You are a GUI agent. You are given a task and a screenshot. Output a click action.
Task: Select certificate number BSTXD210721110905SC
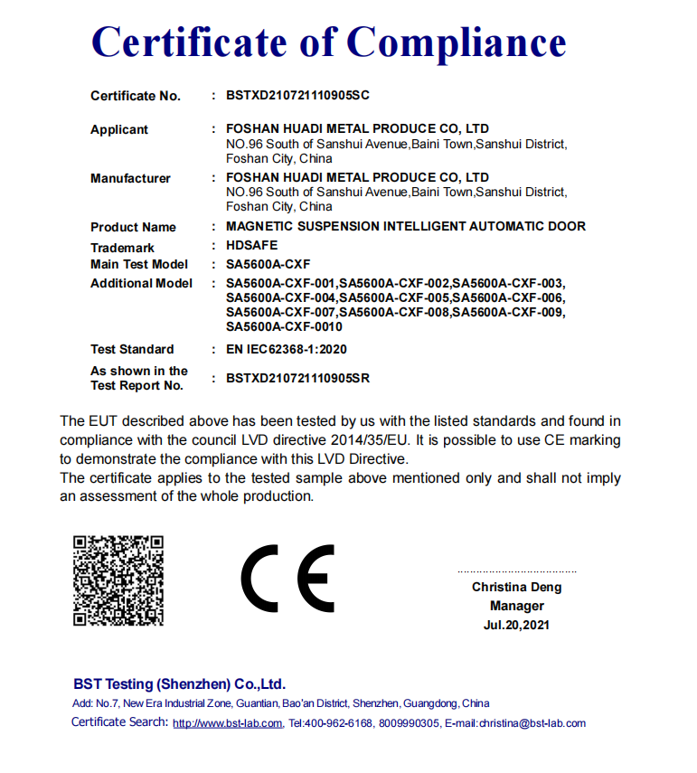298,95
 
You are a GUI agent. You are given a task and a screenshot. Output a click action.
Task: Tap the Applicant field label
119,129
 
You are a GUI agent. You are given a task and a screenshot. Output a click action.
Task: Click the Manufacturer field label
130,178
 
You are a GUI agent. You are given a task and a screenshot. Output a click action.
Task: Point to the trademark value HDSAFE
252,245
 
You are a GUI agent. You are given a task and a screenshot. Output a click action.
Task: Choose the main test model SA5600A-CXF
268,264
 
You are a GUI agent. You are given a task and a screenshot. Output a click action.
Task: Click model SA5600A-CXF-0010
284,326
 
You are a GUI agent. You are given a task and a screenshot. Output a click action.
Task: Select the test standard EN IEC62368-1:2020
287,349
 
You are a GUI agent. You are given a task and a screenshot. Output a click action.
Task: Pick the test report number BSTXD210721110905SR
298,378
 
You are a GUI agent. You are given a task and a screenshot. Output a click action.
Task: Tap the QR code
118,580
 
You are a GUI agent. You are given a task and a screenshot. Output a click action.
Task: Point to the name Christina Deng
516,587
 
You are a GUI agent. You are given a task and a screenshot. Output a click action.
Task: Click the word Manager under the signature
517,606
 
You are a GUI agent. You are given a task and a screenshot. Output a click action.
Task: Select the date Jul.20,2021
516,625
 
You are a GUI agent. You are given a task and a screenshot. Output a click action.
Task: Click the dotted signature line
516,572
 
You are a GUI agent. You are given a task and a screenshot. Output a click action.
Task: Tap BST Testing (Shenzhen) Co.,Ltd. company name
180,683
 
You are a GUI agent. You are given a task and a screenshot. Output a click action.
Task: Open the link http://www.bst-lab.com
228,723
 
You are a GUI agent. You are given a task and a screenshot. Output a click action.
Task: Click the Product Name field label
133,227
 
